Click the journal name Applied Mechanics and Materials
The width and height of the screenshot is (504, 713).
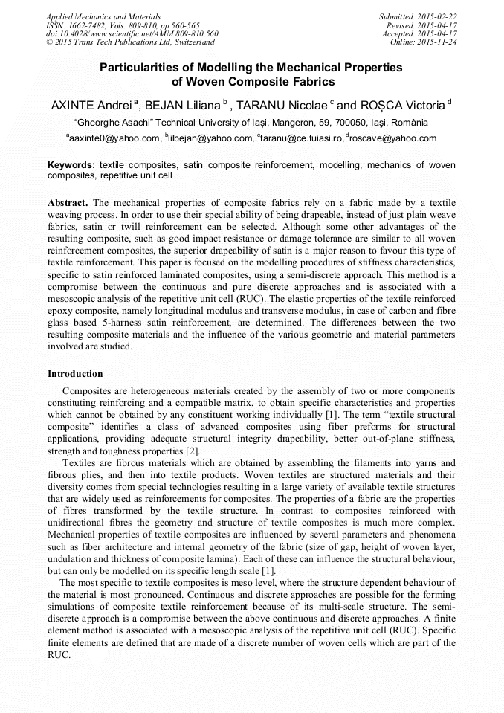[103, 16]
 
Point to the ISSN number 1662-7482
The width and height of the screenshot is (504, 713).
[92, 25]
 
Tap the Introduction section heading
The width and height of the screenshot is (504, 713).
[75, 374]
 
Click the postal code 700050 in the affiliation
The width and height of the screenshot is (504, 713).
[346, 122]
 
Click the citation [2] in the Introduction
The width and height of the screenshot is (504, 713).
[193, 451]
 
